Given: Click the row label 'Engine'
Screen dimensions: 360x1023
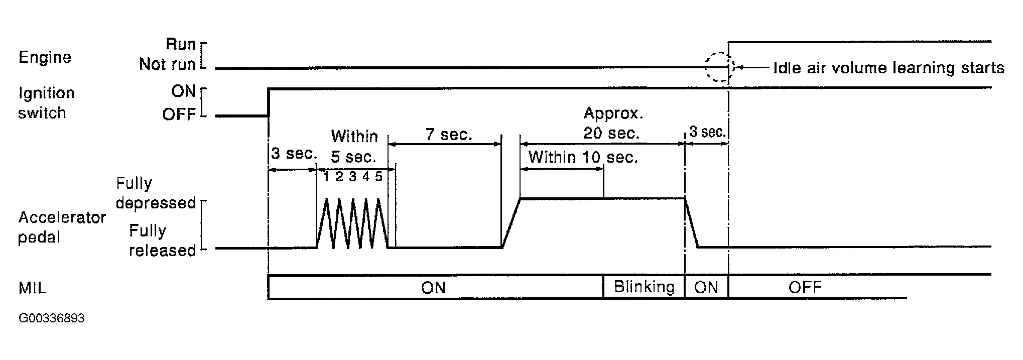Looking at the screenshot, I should [45, 58].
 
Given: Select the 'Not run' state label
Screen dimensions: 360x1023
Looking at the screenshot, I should [167, 65].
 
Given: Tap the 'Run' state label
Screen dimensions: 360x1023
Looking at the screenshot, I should [180, 45].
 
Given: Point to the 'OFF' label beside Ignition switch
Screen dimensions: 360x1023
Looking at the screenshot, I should [179, 115].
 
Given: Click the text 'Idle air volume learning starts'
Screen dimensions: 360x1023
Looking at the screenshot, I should [888, 68].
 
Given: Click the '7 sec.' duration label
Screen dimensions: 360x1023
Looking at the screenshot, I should [449, 135].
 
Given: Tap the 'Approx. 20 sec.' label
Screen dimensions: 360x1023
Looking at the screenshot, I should [612, 124].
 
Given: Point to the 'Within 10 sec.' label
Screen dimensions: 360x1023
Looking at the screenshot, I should [583, 158].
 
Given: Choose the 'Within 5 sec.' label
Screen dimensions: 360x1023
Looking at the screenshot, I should [354, 147].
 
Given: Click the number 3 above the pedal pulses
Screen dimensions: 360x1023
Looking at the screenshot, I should [352, 177].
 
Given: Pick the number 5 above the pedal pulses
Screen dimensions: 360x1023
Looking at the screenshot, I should [378, 177].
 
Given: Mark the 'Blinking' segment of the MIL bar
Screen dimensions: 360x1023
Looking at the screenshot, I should [644, 287].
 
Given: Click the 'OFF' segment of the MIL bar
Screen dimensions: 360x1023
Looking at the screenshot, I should [805, 287].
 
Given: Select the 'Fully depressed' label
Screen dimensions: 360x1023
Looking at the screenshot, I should [156, 193].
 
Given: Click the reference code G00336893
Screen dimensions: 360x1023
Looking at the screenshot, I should [52, 319].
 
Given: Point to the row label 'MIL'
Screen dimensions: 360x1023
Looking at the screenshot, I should [32, 288].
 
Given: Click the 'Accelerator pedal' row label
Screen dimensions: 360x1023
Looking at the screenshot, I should [62, 227].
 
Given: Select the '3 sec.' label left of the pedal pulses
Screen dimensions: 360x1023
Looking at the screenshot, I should [294, 154].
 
